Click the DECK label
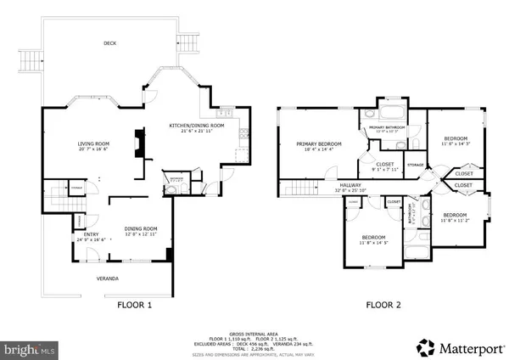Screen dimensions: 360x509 coord(109,43)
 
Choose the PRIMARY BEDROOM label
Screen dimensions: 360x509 coord(319,144)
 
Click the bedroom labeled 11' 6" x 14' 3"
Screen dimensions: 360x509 coord(456,138)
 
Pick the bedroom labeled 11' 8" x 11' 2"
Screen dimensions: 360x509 coord(456,215)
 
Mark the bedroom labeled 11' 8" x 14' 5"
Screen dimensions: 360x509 coord(374,238)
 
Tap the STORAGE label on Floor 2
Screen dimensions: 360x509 coord(416,164)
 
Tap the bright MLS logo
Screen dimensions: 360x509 coord(30,349)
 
